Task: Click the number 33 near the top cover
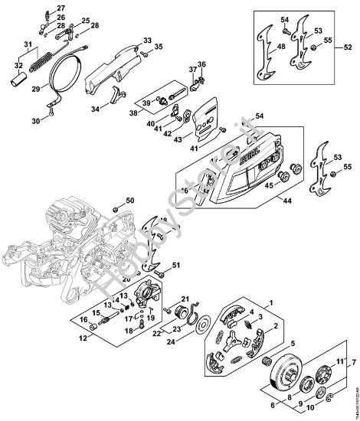147,39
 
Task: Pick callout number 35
159,47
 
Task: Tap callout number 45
268,184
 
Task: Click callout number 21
184,299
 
